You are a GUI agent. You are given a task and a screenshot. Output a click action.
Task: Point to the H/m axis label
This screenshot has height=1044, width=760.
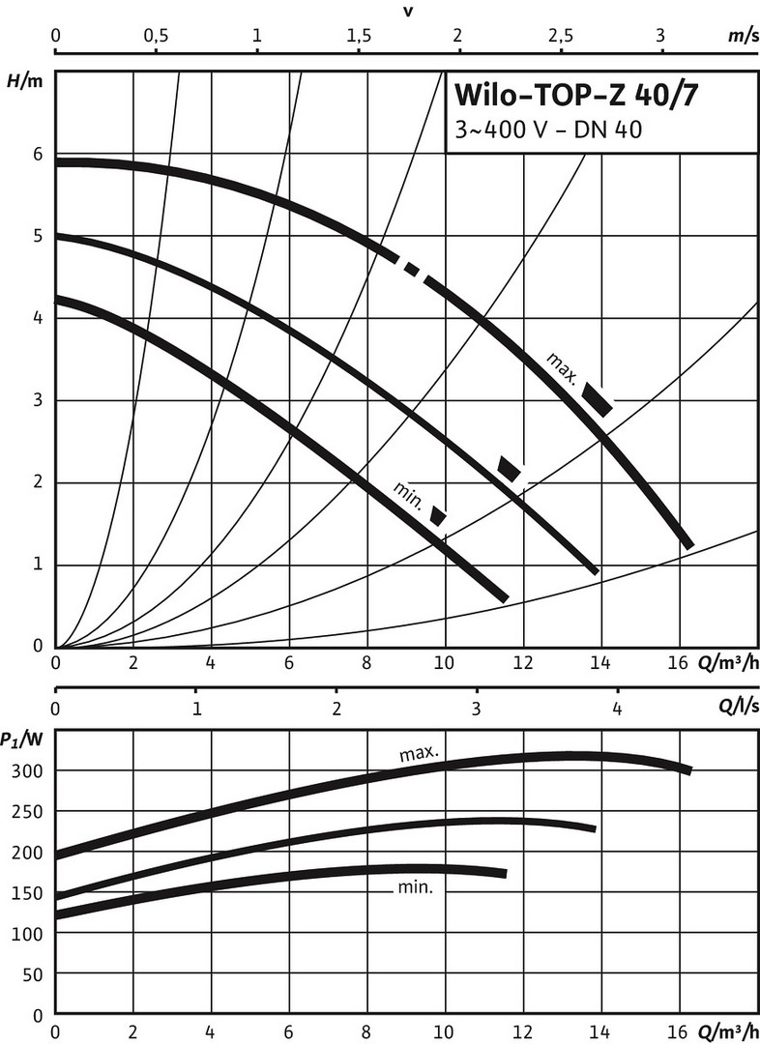pos(25,80)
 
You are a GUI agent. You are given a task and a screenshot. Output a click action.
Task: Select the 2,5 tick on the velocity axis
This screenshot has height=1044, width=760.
pos(559,35)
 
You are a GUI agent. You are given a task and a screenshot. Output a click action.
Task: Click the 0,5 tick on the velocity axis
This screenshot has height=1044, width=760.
pos(155,35)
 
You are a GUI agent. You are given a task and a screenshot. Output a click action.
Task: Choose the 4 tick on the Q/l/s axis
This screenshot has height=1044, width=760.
pos(617,708)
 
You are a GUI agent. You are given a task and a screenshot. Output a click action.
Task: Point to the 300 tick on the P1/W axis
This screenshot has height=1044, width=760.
pos(29,771)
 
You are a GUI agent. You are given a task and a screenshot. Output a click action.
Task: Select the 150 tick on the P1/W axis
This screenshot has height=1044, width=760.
pos(29,894)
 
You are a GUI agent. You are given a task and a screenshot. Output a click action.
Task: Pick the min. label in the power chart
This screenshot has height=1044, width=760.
pos(413,887)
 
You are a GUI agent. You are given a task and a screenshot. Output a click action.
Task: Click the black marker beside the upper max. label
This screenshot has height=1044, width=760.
pos(597,399)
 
